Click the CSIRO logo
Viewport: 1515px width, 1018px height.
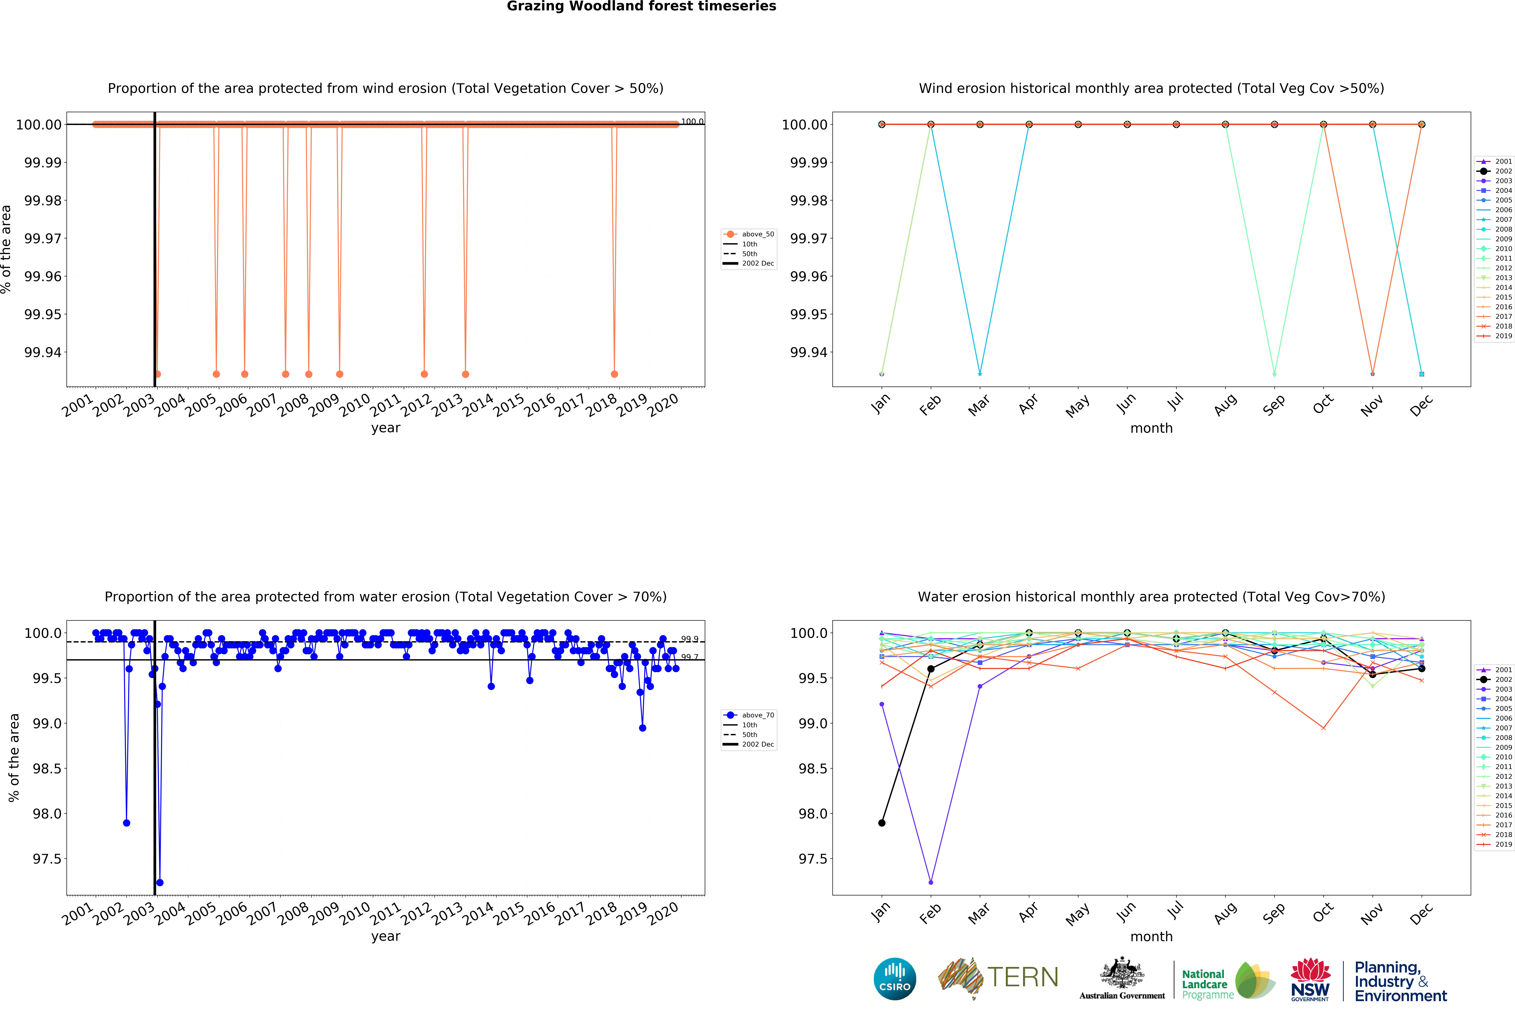[x=894, y=978]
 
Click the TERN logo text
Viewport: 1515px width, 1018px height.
[x=1022, y=977]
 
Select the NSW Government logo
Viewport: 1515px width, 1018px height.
[x=1310, y=979]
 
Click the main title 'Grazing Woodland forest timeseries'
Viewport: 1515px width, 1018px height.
[x=641, y=7]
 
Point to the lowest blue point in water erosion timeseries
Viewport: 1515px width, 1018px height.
[x=160, y=882]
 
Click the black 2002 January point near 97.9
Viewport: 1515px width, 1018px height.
[x=881, y=823]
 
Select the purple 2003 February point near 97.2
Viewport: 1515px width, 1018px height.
[x=931, y=882]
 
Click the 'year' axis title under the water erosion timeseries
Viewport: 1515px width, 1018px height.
[x=386, y=936]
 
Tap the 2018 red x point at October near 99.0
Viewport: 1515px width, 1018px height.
[x=1323, y=728]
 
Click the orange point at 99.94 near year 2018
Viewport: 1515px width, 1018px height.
[x=614, y=374]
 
